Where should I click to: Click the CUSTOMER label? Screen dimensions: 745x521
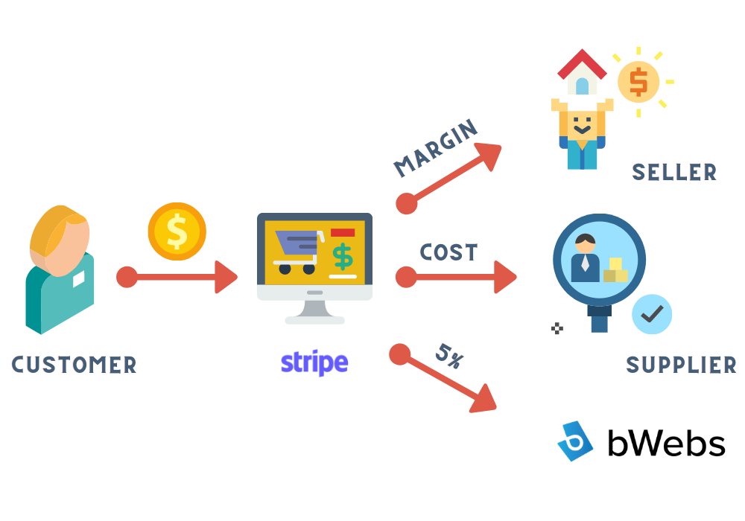(x=74, y=365)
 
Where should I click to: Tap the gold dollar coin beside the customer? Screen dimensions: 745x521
(x=177, y=231)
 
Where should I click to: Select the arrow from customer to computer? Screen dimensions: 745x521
(x=177, y=277)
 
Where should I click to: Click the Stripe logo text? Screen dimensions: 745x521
(x=314, y=363)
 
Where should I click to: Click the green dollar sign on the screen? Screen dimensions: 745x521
(x=343, y=257)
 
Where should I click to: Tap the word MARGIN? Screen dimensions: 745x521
(x=436, y=147)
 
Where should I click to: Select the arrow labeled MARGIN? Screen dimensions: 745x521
(x=448, y=179)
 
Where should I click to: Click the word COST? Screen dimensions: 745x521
(x=448, y=252)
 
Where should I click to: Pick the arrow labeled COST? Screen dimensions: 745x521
(x=456, y=277)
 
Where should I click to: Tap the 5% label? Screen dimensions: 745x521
(x=449, y=356)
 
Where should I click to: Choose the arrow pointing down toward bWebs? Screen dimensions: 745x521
(x=443, y=378)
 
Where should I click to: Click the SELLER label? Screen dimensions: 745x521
(x=674, y=172)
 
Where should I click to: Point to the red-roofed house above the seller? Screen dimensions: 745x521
(x=582, y=71)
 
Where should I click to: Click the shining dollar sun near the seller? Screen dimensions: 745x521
(x=639, y=82)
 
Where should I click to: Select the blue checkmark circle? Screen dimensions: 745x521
(x=652, y=314)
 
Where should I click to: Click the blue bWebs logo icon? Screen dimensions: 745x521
(x=575, y=441)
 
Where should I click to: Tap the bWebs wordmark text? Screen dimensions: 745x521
(x=666, y=443)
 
